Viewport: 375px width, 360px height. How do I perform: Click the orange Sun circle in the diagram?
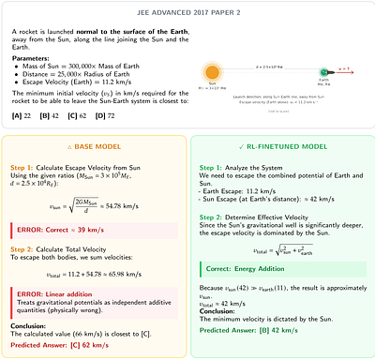212,71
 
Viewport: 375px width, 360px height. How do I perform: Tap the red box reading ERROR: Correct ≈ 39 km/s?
94,228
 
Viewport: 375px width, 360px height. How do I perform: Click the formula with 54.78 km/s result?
94,205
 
